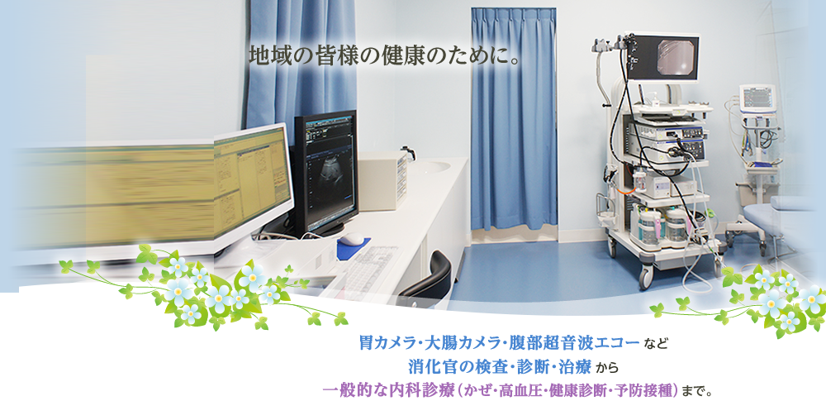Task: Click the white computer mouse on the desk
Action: (x=350, y=238)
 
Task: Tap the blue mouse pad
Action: (x=355, y=242)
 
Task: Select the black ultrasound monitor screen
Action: (x=325, y=173)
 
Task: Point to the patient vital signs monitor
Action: (x=757, y=98)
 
